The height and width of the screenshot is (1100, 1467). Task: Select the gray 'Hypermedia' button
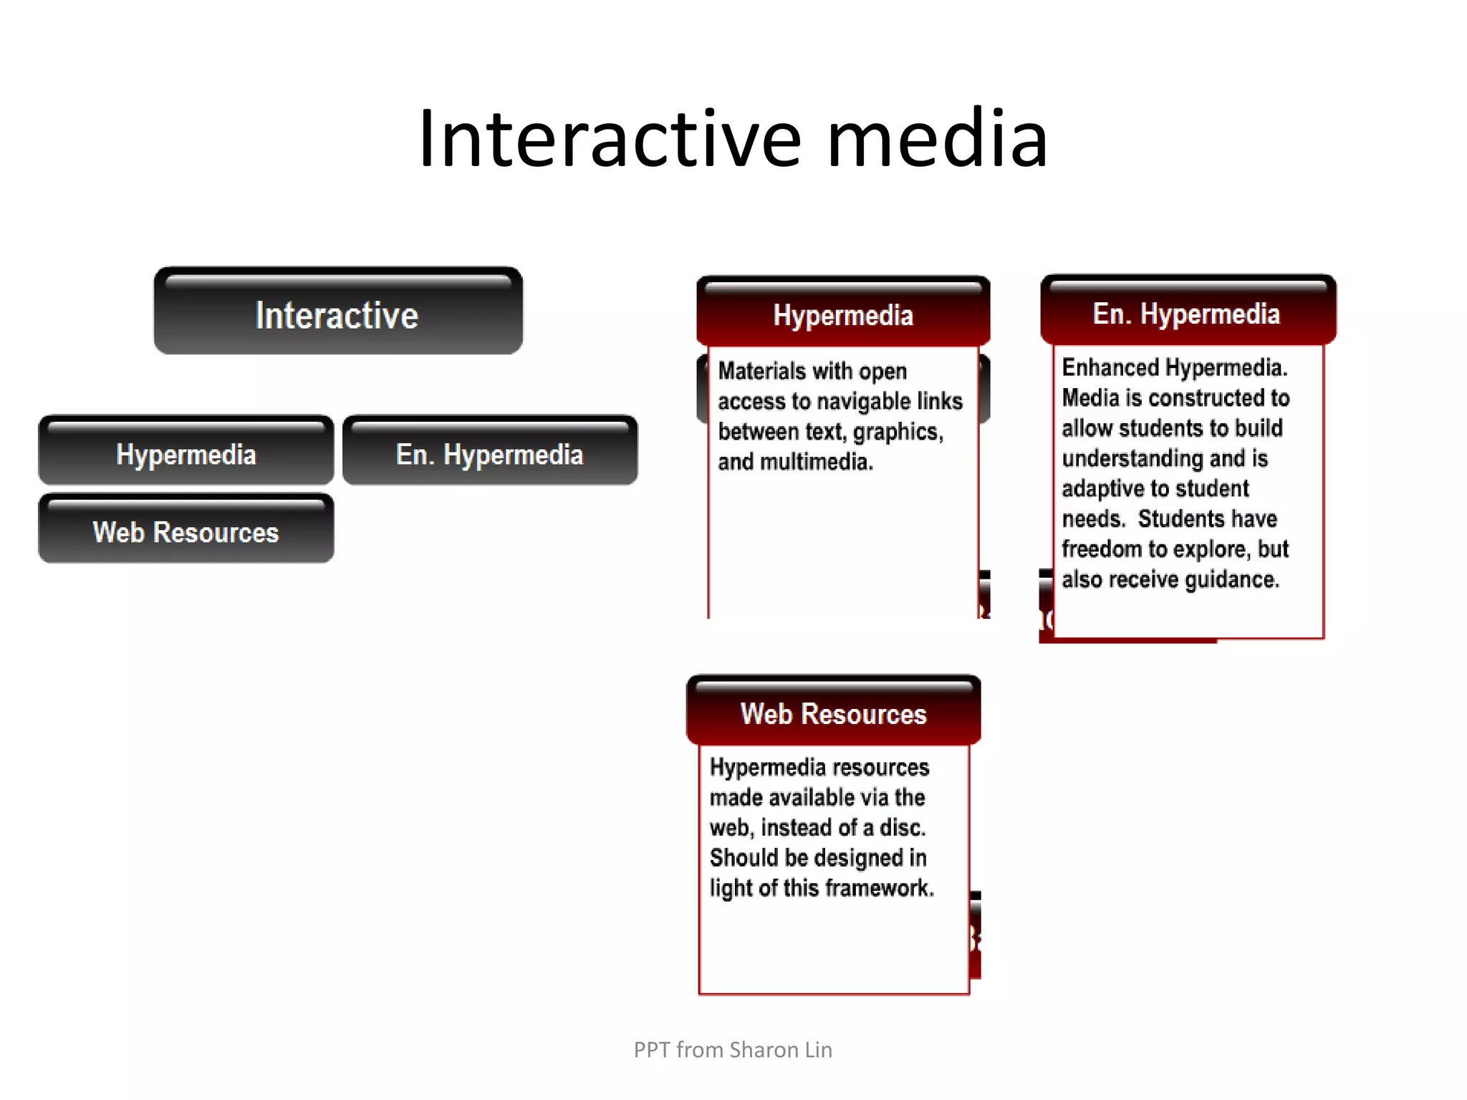[x=186, y=453]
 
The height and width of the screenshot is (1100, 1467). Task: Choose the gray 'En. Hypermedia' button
[x=490, y=453]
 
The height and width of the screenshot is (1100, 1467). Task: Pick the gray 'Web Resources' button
[x=186, y=531]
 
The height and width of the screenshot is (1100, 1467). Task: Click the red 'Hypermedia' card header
[x=843, y=314]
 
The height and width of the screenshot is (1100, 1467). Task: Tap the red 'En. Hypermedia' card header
[x=1187, y=313]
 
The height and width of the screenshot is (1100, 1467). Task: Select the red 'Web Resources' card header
[x=833, y=713]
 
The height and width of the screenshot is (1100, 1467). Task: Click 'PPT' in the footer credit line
[x=651, y=1050]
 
